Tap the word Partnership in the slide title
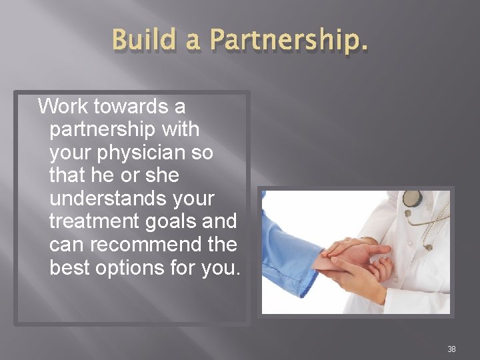point(289,41)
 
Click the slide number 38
point(451,349)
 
